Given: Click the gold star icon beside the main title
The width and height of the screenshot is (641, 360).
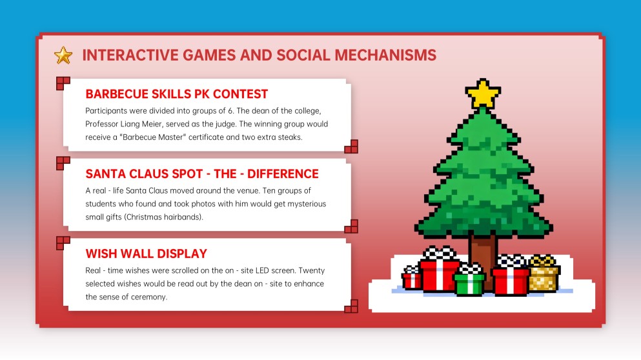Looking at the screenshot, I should (63, 55).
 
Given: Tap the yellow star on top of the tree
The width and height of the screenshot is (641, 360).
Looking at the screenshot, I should (483, 94).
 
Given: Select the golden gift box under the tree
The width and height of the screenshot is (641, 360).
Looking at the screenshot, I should (544, 275).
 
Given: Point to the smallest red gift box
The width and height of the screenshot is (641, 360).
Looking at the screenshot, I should (411, 278).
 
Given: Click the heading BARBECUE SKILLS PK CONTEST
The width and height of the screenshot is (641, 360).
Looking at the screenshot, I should (176, 94).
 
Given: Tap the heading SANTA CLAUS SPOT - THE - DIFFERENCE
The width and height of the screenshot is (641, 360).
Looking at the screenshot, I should (202, 174).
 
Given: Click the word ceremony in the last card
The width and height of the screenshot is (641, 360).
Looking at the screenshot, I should (148, 297).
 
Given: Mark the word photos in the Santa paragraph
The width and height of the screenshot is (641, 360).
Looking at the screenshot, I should (178, 204).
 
